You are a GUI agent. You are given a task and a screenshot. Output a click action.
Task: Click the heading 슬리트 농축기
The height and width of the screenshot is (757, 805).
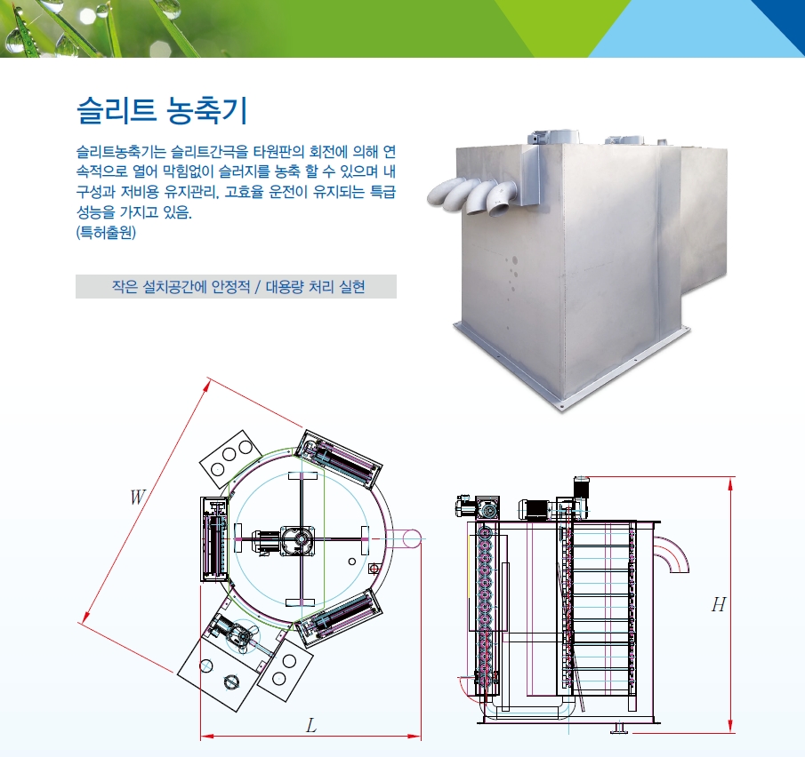point(162,110)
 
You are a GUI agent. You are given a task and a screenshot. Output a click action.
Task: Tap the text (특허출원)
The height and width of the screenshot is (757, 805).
point(106,233)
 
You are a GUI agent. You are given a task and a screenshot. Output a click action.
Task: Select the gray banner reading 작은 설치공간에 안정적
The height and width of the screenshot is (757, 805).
point(236,286)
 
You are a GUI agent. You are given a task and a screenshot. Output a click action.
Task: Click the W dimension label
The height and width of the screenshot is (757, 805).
point(137,497)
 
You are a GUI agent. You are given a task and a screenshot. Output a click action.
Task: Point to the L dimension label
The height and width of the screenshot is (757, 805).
point(311,726)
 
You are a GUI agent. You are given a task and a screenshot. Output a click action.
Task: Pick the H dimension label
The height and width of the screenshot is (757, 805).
point(719,605)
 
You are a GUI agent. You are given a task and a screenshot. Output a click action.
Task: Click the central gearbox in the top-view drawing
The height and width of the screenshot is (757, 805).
point(297,539)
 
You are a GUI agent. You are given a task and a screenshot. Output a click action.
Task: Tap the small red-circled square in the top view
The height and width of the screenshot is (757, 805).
point(374,569)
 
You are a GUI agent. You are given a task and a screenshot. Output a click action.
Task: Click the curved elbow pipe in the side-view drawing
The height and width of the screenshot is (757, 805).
point(672,553)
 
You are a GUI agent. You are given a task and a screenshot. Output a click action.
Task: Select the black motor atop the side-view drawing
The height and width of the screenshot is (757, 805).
point(581,490)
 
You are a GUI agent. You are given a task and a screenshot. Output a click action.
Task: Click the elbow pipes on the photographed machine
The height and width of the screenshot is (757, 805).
point(471,196)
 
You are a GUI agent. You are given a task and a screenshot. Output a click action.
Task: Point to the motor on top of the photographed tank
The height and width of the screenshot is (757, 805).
point(552,137)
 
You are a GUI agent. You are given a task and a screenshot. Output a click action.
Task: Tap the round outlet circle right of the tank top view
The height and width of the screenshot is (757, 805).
point(411,539)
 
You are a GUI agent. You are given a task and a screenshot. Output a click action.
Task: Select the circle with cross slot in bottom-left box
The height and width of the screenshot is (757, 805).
point(231,681)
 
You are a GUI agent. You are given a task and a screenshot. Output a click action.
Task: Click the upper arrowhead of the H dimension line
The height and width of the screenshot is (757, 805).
point(730,483)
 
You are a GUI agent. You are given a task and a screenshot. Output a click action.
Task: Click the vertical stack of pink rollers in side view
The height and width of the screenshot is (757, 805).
point(484,604)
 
